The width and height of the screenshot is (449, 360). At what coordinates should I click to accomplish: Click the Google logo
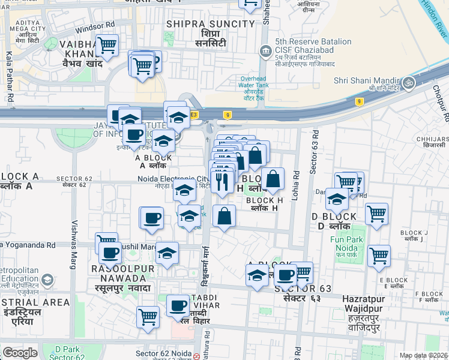point(20,353)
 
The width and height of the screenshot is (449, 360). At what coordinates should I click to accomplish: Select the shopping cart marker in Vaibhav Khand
point(107,45)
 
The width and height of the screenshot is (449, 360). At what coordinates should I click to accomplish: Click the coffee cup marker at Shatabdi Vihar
point(178,306)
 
